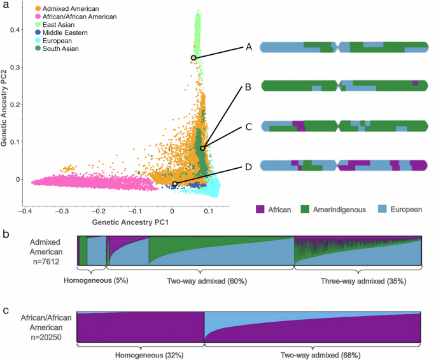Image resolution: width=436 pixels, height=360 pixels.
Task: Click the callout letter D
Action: coord(248,168)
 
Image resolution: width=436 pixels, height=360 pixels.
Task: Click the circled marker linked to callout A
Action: coord(193,58)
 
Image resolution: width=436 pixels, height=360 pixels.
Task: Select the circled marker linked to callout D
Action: coord(174,184)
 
